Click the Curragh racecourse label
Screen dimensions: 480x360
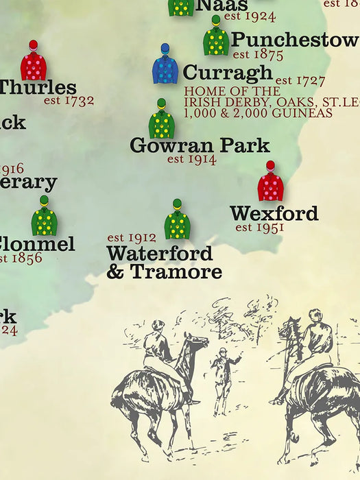pyautogui.click(x=228, y=73)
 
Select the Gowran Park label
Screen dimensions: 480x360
pyautogui.click(x=200, y=145)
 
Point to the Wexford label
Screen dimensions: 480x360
pyautogui.click(x=274, y=213)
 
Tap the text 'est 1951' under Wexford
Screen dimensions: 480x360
pyautogui.click(x=259, y=228)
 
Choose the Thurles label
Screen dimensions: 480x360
pyautogui.click(x=37, y=88)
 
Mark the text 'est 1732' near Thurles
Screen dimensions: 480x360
pyautogui.click(x=69, y=101)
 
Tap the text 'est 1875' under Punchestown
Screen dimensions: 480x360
pyautogui.click(x=258, y=54)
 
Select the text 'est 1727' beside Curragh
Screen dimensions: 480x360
pyautogui.click(x=300, y=81)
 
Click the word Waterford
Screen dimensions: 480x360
pyautogui.click(x=159, y=254)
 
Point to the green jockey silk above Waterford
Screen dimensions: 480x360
pyautogui.click(x=177, y=221)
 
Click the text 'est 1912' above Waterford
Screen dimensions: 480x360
pyautogui.click(x=131, y=238)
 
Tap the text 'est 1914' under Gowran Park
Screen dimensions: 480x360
pyautogui.click(x=191, y=159)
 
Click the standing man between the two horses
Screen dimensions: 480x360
pyautogui.click(x=222, y=380)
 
